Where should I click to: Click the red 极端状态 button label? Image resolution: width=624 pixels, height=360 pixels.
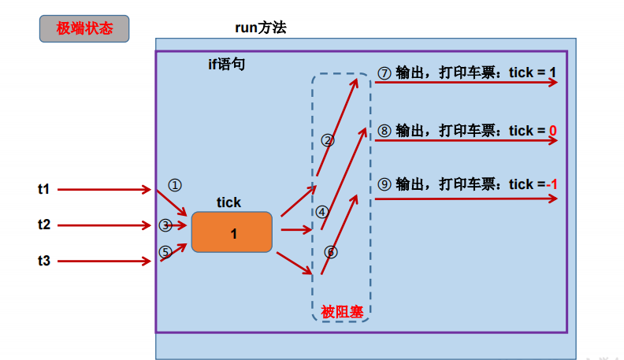click(x=84, y=28)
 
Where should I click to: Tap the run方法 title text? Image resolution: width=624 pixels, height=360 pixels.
click(x=261, y=28)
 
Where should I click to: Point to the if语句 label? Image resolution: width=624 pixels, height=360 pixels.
click(x=226, y=64)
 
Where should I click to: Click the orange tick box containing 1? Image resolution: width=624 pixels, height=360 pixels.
click(x=232, y=232)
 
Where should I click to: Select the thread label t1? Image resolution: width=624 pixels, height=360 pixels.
click(x=44, y=189)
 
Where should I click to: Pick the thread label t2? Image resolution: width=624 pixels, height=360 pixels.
click(x=44, y=225)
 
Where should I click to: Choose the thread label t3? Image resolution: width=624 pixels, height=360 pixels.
click(x=44, y=261)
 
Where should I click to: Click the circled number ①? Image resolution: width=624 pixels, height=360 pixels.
click(x=175, y=185)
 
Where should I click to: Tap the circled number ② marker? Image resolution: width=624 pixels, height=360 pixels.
click(x=328, y=140)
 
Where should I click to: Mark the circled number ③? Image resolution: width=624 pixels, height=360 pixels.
click(x=165, y=225)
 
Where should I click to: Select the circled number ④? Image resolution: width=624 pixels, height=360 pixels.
click(x=322, y=212)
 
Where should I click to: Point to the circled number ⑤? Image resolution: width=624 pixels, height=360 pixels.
click(x=165, y=252)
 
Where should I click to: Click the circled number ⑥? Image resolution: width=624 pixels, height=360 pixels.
click(x=331, y=252)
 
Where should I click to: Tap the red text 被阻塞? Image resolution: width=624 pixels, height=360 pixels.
click(x=342, y=312)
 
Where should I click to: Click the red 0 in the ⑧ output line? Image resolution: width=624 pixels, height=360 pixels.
click(x=553, y=131)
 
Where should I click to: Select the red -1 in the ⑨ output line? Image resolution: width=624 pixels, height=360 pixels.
click(x=552, y=184)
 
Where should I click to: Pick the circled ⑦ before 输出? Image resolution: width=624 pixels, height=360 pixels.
click(x=384, y=73)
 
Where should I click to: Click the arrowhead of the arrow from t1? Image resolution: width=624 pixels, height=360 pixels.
click(x=147, y=189)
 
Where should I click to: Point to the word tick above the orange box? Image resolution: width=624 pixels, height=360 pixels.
click(x=228, y=202)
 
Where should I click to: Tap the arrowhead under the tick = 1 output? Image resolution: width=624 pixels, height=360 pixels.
click(x=553, y=83)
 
